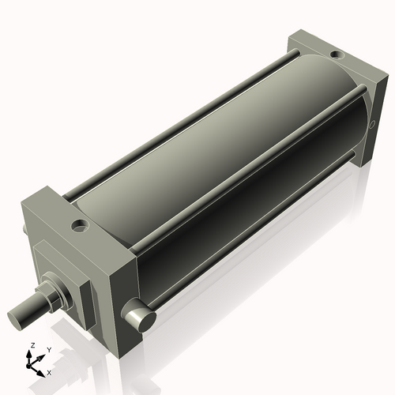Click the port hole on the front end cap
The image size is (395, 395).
tap(81, 228)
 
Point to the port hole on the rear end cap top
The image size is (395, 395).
tap(337, 55)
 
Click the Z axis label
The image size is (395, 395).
tap(32, 345)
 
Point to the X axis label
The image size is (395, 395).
tap(50, 371)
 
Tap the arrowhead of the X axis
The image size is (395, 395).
tap(43, 368)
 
